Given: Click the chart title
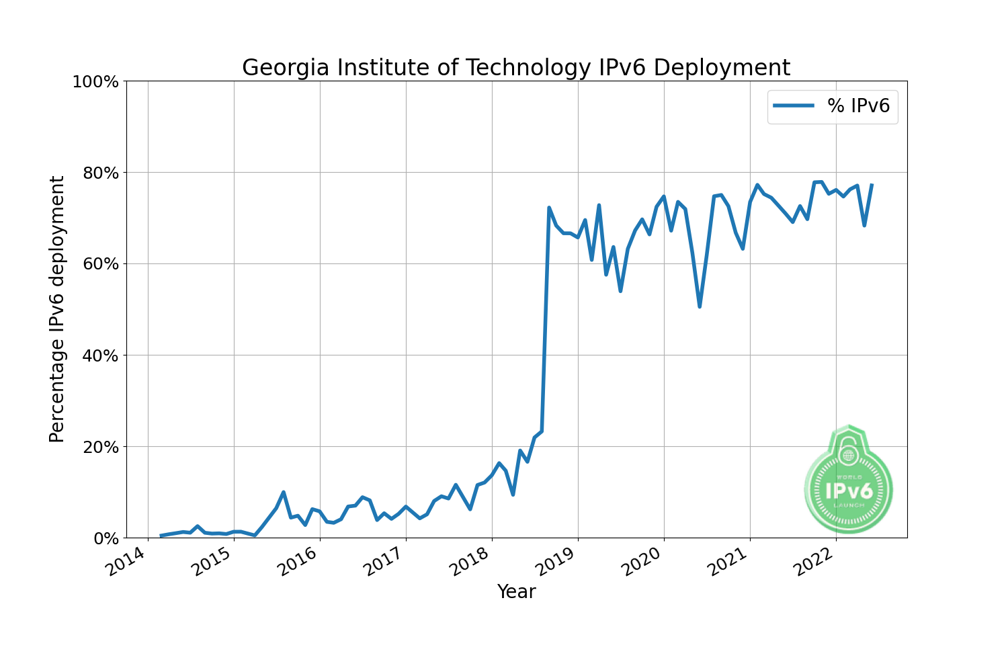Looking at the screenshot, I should coord(515,68).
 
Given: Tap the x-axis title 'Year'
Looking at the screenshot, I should coord(516,592).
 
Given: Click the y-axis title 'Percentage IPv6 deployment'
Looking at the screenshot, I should coord(58,309).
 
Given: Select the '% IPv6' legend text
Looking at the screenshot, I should coord(858,106).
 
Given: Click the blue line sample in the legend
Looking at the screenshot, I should coord(794,106).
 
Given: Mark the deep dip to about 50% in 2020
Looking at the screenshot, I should coord(700,306).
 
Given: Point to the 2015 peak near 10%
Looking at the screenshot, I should coord(284,492).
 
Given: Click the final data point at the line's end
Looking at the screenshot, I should coord(872,185).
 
